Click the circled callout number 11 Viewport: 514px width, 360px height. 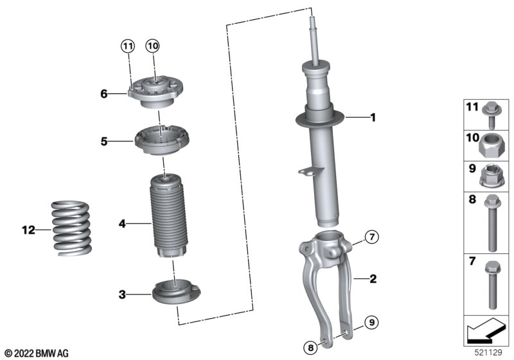(127, 46)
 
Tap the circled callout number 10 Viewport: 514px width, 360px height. (152, 46)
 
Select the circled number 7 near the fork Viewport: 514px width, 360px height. (372, 237)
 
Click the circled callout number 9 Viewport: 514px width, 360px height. (371, 322)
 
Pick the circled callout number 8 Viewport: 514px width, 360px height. (310, 347)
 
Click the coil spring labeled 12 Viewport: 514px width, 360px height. (71, 228)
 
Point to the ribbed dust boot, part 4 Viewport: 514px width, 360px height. (168, 216)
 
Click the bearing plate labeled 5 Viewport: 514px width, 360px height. (162, 140)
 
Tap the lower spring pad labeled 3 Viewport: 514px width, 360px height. (176, 292)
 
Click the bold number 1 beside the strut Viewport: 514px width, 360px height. (373, 118)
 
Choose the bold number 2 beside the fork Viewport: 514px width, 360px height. (373, 279)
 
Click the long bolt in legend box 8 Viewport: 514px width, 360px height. (492, 223)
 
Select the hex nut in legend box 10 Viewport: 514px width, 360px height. (489, 146)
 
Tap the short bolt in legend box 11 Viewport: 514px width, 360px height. (490, 115)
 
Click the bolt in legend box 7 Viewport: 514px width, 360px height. (492, 285)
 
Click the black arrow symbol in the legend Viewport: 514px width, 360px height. (486, 328)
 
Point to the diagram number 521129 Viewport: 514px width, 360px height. (488, 352)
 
